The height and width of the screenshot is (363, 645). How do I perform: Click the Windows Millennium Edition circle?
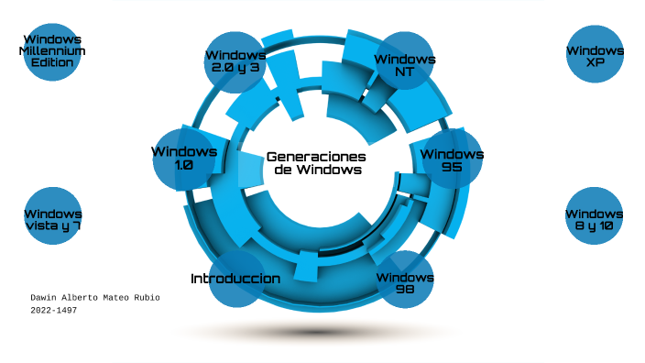coord(52,51)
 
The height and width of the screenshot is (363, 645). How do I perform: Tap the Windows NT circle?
coord(405,61)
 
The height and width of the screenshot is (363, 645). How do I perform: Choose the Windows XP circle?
coord(595,53)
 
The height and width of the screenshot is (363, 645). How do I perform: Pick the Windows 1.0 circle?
coord(184,158)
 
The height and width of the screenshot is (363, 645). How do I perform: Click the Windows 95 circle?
coord(453,159)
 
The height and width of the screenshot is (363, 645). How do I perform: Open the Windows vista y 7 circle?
coord(52,216)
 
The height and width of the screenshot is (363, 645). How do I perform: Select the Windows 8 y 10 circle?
coord(595,216)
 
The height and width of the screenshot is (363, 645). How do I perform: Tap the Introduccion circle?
coord(236,279)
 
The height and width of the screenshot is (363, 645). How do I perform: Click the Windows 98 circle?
coord(405,280)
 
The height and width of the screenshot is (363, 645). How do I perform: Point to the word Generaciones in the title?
coord(316,157)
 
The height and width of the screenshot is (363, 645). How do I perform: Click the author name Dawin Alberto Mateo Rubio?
coord(95,298)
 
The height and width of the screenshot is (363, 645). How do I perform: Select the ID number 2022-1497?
coord(53,311)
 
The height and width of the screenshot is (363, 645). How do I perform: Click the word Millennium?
coord(52,51)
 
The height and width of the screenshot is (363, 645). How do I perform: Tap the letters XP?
coord(595,62)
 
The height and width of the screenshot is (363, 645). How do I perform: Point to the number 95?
coord(452,168)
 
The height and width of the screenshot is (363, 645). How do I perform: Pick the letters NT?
coord(405,71)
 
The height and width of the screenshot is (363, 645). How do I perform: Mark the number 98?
coord(405,289)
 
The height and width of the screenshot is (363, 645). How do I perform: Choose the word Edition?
coord(52,62)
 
